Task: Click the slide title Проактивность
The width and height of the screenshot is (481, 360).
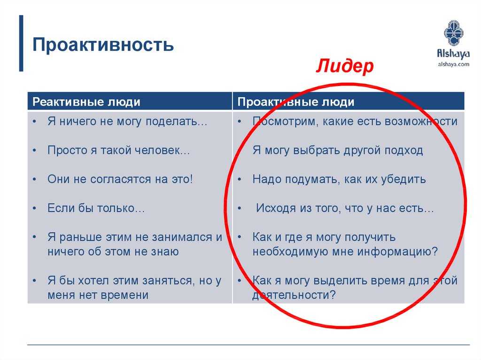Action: [103, 45]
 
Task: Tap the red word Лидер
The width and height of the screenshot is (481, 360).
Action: [345, 66]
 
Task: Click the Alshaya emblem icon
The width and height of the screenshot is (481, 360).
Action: [453, 33]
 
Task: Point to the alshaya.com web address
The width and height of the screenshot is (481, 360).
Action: [453, 64]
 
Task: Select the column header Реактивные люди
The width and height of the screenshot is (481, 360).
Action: [86, 102]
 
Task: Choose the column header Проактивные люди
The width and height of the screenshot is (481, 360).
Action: [296, 102]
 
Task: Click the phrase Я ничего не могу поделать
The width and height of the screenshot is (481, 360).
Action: [127, 122]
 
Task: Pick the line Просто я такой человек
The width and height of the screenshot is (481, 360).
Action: [119, 150]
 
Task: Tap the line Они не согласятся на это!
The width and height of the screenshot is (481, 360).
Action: [120, 179]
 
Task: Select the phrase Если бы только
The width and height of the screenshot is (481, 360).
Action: [96, 208]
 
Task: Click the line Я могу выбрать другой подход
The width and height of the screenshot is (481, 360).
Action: [338, 150]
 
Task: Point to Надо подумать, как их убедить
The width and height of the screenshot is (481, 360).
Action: [339, 179]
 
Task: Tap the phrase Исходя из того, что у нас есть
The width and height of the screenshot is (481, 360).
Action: [345, 208]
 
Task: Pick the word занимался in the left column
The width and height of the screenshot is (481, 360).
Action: [183, 237]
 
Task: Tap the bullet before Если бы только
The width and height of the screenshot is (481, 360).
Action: [35, 208]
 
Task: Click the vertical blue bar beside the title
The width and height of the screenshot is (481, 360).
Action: [21, 43]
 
